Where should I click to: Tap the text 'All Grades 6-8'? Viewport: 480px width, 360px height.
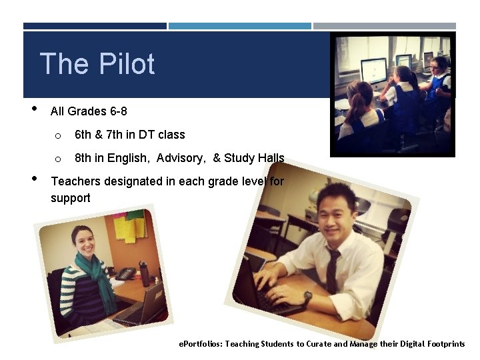(89, 111)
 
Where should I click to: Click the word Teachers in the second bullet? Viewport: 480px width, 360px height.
(77, 181)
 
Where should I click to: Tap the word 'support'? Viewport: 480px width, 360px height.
(71, 198)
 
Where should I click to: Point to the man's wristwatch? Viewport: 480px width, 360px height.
(307, 297)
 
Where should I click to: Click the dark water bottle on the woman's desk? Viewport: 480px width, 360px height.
(144, 273)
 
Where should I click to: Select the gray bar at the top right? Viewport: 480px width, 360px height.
(385, 26)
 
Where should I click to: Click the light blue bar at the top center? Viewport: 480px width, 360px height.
(240, 26)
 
